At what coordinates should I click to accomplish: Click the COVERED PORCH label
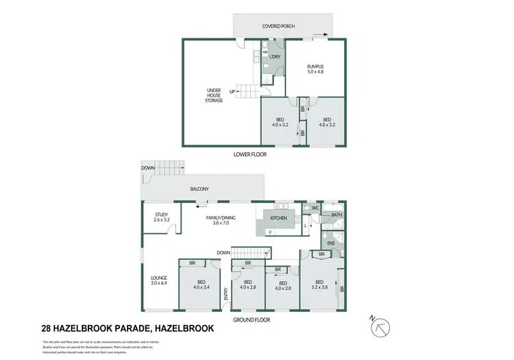[278, 27]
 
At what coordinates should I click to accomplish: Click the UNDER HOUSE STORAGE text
[215, 95]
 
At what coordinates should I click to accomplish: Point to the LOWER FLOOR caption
[249, 155]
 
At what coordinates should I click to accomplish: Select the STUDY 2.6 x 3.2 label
[162, 217]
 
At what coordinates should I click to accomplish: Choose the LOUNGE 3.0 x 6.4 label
[159, 280]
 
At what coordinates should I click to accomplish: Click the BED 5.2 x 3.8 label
[319, 285]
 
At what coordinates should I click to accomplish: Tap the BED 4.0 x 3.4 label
[201, 285]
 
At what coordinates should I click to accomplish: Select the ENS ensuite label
[330, 243]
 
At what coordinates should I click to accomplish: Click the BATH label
[336, 215]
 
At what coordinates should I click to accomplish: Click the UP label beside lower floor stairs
[232, 92]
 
